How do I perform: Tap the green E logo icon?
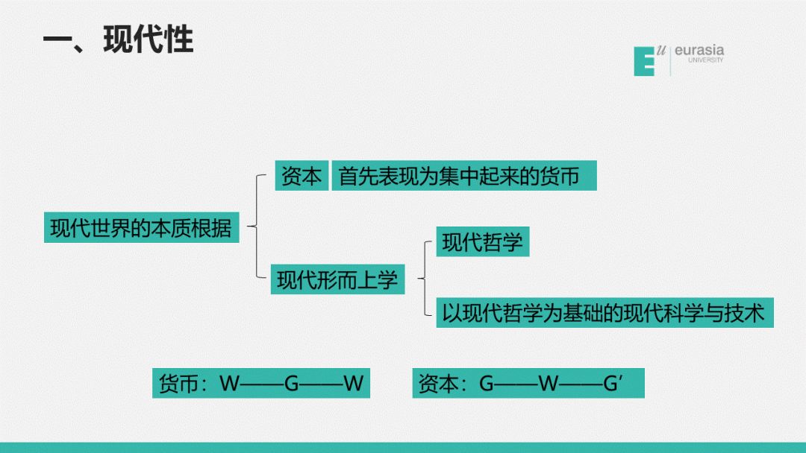click(x=644, y=61)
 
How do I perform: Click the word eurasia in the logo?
click(x=699, y=51)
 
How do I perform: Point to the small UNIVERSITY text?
click(x=705, y=60)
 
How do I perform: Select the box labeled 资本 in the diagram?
click(x=302, y=177)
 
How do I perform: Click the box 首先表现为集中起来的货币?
click(x=463, y=177)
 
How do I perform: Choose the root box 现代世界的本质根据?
click(x=141, y=226)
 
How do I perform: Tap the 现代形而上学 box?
click(x=337, y=280)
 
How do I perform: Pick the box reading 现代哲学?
click(x=482, y=242)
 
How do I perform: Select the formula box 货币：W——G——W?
click(x=261, y=383)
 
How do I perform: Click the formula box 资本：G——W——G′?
click(x=528, y=383)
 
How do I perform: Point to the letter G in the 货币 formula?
click(x=292, y=384)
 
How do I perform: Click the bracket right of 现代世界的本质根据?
click(x=255, y=226)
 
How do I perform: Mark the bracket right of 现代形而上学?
click(x=423, y=280)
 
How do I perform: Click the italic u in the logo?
click(x=660, y=50)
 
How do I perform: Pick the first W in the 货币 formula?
click(x=229, y=384)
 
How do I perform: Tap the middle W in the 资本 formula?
click(x=549, y=384)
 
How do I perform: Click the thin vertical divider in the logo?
click(x=669, y=60)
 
